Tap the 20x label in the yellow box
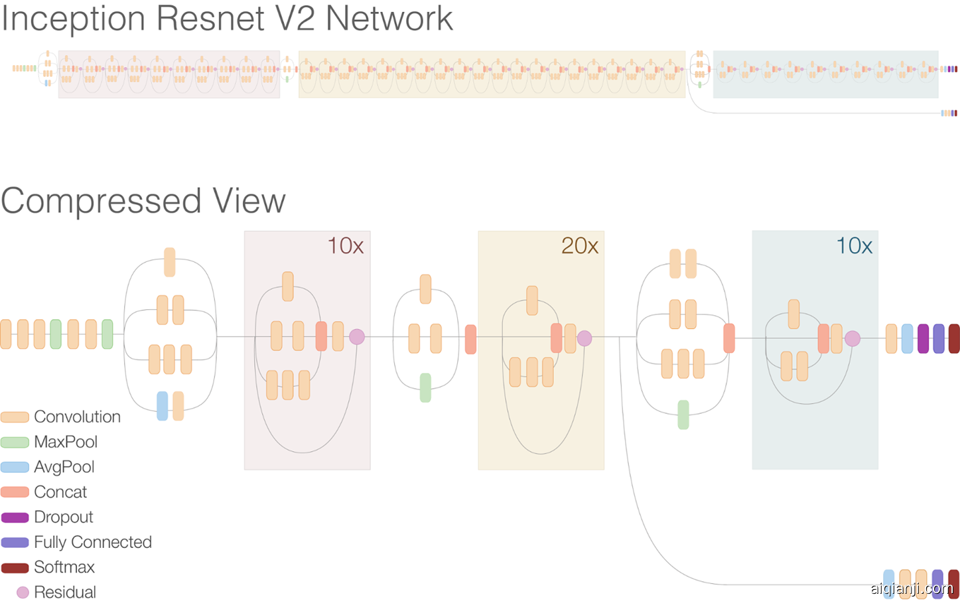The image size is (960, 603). point(579,246)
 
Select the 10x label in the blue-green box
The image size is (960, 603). point(854,246)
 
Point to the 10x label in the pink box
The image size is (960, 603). point(345,246)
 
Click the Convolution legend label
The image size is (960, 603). point(77,417)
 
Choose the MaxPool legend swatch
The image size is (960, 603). point(15,442)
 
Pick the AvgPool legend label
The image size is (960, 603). point(64,467)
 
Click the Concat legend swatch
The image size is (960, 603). point(15,492)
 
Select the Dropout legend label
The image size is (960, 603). point(63,517)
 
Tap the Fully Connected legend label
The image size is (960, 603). point(92,542)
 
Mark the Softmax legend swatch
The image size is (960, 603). point(15,568)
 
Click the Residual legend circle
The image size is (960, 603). point(23,592)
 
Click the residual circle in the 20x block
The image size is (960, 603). point(584,338)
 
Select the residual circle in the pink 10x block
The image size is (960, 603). point(357,337)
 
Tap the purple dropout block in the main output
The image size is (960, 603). point(923,338)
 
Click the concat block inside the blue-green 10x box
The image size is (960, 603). point(823,338)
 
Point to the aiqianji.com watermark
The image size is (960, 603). point(912,588)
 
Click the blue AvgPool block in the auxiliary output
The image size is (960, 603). point(888,584)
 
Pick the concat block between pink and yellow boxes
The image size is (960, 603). point(470,339)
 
